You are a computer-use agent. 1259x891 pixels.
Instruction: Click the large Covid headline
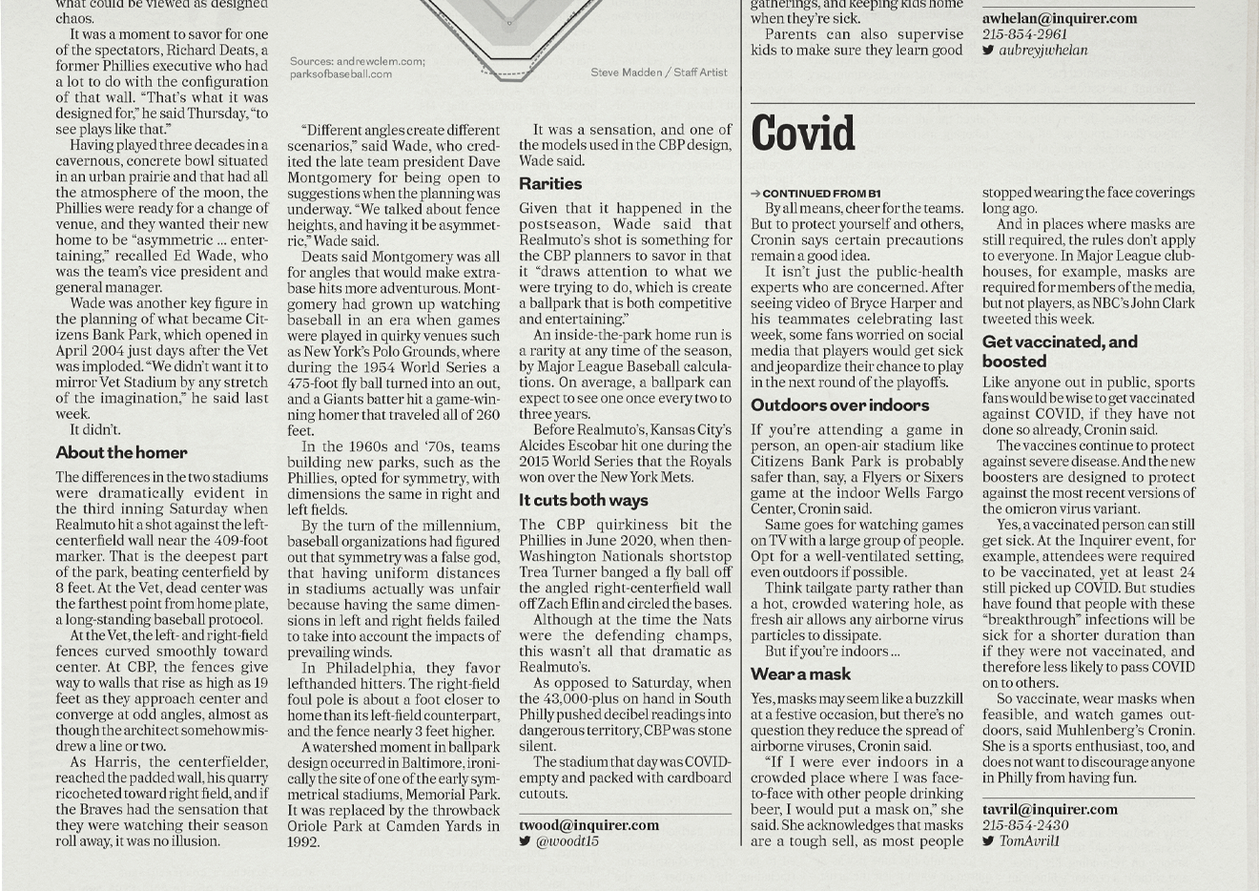coord(803,135)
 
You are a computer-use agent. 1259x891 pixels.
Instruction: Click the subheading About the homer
coord(121,453)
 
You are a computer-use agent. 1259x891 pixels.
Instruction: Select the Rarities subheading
coord(550,184)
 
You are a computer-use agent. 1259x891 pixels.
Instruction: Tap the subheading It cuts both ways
coord(584,501)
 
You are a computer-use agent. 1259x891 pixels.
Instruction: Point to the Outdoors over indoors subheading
coord(839,405)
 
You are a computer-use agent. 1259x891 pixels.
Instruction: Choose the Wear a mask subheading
coord(800,674)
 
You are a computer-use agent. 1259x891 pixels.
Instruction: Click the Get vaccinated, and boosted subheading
coord(1060,351)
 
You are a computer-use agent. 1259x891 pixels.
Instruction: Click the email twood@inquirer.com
coord(588,825)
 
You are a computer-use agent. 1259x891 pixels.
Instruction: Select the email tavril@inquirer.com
coord(1050,809)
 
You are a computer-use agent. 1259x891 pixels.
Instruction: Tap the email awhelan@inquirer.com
coord(1060,18)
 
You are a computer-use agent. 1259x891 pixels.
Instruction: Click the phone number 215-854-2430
coord(1025,825)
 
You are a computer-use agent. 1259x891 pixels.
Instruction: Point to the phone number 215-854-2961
coord(1025,34)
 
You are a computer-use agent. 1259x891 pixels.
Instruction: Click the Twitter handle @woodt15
coord(568,841)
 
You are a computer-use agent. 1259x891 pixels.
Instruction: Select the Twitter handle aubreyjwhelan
coord(1042,51)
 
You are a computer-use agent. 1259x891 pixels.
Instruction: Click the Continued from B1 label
coord(821,194)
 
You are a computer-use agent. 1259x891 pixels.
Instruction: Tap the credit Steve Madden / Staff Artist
coord(658,73)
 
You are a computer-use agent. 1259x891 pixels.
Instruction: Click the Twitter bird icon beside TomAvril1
coord(988,841)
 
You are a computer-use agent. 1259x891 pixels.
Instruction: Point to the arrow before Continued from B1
coord(755,194)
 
